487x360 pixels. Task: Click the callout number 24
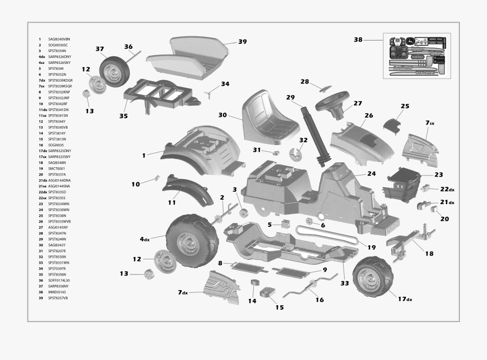click(371, 174)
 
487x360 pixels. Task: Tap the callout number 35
click(123, 116)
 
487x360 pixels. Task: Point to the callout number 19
click(371, 247)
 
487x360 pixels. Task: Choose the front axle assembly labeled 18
click(411, 240)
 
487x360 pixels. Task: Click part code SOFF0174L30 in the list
click(60, 280)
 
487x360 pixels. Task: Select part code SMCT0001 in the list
click(56, 168)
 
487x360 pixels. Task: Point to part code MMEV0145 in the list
click(57, 292)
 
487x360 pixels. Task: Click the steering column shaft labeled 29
click(317, 135)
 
